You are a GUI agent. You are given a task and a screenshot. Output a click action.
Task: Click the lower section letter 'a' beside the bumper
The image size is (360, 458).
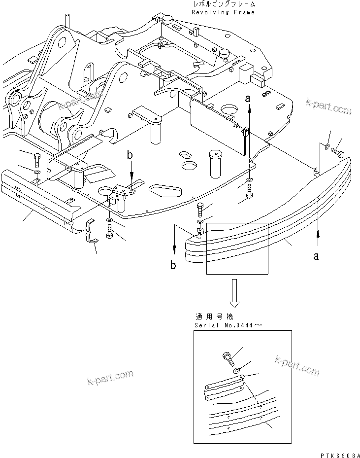(x=316, y=256)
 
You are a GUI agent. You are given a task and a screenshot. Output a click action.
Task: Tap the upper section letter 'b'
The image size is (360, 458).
(x=130, y=155)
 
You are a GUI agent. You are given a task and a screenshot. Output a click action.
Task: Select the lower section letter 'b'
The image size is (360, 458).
(x=173, y=265)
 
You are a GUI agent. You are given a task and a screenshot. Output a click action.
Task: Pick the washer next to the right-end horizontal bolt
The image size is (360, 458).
(x=327, y=145)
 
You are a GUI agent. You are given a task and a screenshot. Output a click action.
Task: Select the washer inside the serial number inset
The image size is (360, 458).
(x=237, y=370)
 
